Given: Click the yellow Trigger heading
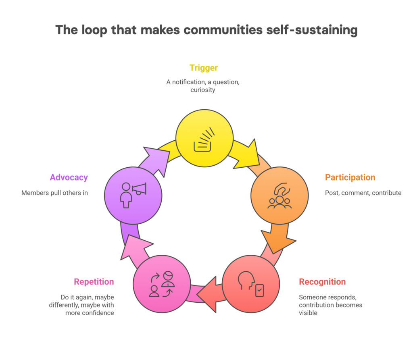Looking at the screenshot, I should click(204, 68).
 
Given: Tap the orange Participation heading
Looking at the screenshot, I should click(350, 177).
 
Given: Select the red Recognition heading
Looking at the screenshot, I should click(322, 281).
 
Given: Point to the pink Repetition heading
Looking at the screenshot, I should click(94, 281).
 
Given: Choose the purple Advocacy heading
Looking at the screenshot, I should click(69, 177).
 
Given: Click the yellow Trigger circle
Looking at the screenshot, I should click(204, 138).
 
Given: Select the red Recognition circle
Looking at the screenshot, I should click(251, 284).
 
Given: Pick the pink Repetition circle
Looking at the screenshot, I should click(162, 283).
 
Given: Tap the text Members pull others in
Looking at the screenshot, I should click(54, 193).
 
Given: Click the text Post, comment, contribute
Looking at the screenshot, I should click(363, 193).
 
